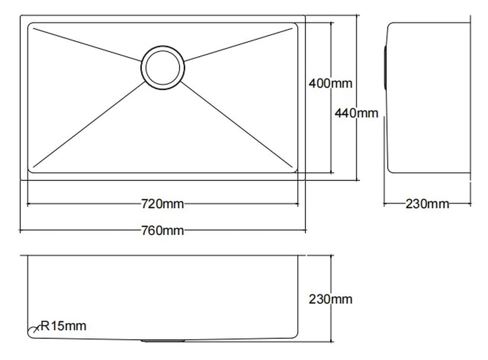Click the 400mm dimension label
330,83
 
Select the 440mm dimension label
356,113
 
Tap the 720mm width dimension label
163,204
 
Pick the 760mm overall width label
163,230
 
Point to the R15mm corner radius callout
63,325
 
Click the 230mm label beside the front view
330,299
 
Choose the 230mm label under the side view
427,203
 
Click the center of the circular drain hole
163,68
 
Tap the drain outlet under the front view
163,340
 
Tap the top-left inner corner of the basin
31,25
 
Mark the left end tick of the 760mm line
20,230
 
